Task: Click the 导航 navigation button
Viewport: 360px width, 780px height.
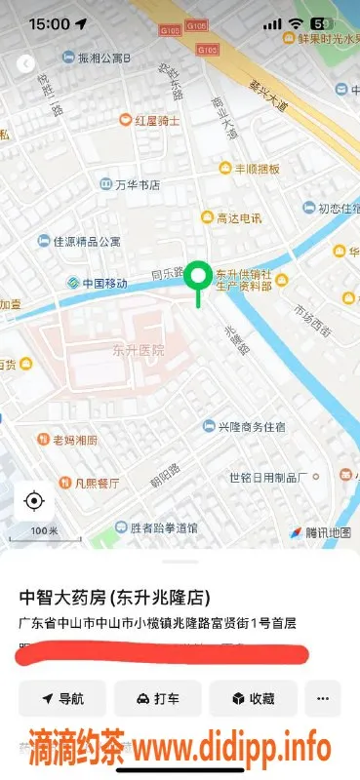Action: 61,699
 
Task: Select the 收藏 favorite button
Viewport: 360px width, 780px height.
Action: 252,699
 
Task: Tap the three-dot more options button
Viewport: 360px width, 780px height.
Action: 323,699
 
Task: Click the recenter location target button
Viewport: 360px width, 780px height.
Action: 34,501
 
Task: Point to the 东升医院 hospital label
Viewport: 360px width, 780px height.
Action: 138,349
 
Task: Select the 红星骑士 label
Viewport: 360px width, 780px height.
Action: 156,120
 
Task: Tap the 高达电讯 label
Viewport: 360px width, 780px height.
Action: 238,218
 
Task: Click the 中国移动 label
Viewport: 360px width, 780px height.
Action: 104,284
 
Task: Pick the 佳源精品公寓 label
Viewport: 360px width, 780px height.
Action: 86,241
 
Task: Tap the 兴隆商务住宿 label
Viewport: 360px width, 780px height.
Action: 251,426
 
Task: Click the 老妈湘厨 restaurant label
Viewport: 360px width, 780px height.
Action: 74,440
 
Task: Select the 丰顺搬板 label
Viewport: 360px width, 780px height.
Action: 256,169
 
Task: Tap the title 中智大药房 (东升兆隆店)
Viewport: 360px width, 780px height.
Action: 114,597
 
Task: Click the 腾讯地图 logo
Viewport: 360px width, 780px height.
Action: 319,532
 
